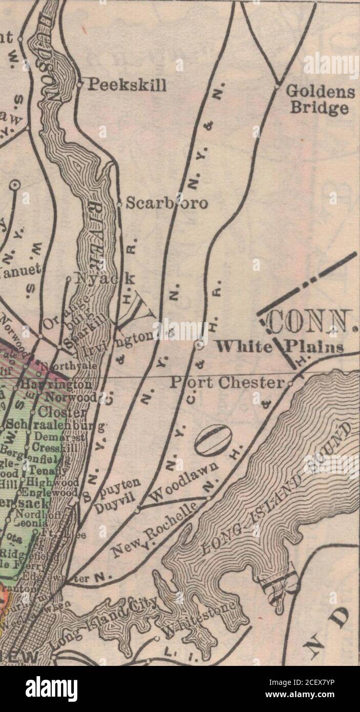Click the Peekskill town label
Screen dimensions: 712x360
tap(127, 85)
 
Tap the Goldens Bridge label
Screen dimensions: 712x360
tap(320, 99)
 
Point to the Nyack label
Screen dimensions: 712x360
tap(105, 278)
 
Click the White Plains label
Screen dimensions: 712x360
tap(279, 347)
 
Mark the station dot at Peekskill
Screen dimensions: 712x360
tap(79, 85)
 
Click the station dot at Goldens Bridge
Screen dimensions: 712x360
tap(277, 87)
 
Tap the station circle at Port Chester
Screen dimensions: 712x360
tap(290, 383)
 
